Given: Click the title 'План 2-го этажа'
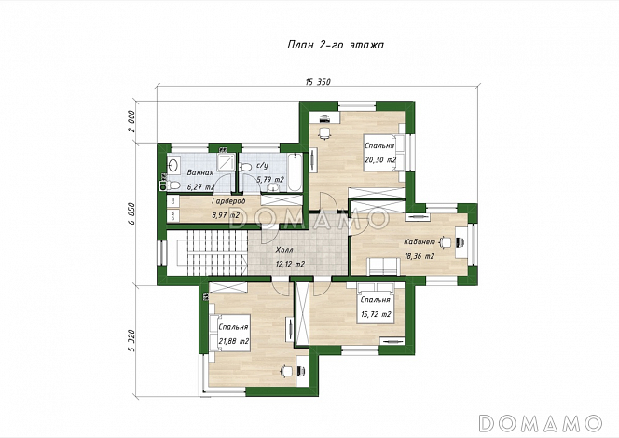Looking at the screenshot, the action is [x=336, y=45].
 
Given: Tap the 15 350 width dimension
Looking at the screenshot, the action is [x=318, y=82].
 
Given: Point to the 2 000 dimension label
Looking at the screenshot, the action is [x=131, y=121].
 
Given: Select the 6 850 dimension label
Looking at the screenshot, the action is [x=131, y=213].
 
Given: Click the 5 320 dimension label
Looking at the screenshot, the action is [x=131, y=341].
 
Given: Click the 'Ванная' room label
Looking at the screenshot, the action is [x=200, y=172].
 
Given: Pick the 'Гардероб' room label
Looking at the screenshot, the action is [x=229, y=201].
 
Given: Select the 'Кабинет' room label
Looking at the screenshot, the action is [x=420, y=241].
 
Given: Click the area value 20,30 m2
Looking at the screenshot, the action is [x=380, y=159].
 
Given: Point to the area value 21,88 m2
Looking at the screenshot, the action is [x=234, y=341].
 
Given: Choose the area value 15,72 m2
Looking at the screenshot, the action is [x=376, y=314].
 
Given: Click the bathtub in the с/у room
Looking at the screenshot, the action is [x=295, y=172].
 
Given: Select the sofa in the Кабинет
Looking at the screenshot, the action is [x=383, y=266].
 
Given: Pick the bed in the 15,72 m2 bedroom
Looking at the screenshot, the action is [x=376, y=304].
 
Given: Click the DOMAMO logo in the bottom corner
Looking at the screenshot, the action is [x=540, y=423].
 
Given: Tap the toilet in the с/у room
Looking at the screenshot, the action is [x=245, y=168].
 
